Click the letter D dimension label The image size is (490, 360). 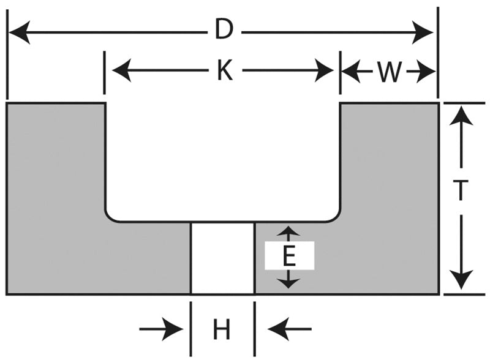click(x=224, y=30)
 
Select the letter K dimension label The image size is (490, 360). click(x=224, y=72)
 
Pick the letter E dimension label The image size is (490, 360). click(x=289, y=256)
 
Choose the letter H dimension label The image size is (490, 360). click(x=221, y=331)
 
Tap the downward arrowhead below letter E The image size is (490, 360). click(x=289, y=282)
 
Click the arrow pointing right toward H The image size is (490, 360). click(x=175, y=331)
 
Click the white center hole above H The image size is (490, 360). click(x=222, y=257)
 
